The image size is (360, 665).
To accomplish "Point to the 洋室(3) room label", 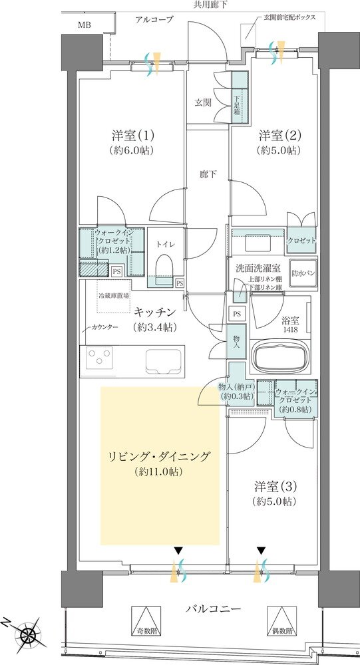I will pos(275,486).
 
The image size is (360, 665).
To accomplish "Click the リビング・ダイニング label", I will pos(160,457).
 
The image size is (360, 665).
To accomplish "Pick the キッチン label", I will pos(154,311).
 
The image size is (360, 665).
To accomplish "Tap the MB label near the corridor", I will pos(85,25).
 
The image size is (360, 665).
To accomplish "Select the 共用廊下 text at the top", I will pos(210,5).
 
